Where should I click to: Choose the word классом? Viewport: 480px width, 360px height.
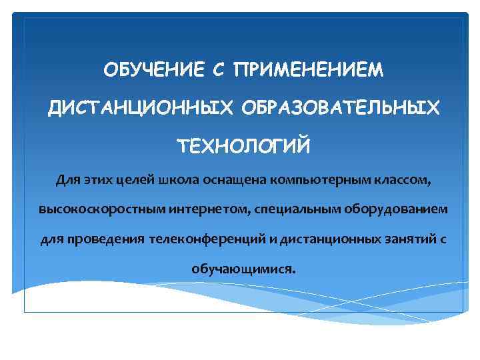point(401,179)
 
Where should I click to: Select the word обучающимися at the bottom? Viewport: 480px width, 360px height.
point(243,269)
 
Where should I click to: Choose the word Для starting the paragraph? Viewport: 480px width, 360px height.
point(68,179)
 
